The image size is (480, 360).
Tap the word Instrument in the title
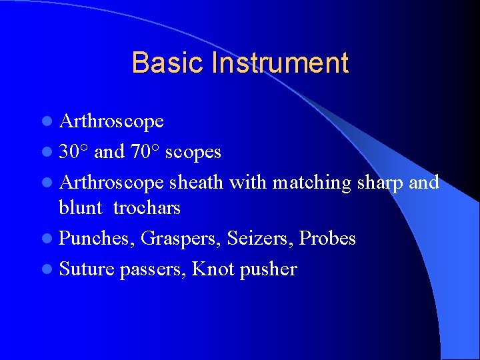[280, 63]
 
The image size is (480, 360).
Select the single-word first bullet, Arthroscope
[111, 121]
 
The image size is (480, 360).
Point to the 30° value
[74, 152]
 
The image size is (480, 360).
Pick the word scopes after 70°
[193, 152]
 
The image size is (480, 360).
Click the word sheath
[197, 182]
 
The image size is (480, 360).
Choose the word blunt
[81, 207]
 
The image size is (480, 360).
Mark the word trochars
[147, 207]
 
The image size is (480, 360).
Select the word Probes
[328, 239]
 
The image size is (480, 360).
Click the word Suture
[87, 269]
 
